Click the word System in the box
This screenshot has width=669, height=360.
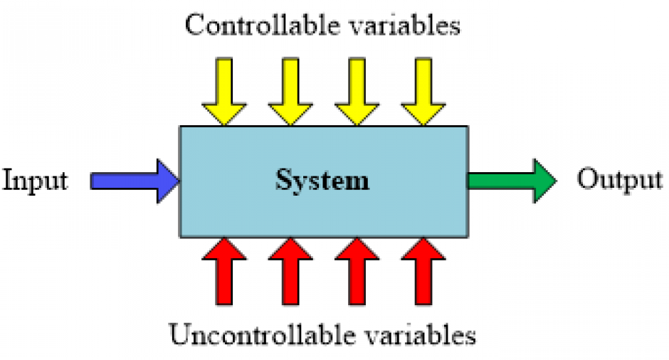click(322, 181)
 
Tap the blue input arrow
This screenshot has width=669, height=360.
click(135, 181)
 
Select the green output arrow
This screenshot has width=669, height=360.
click(512, 181)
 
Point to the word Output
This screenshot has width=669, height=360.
click(619, 180)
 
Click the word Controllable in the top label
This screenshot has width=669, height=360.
click(263, 25)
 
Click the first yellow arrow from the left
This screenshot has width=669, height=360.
click(224, 92)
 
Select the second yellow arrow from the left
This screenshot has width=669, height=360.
click(290, 92)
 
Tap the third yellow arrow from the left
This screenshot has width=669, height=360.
click(357, 92)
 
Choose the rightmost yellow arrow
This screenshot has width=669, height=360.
click(423, 92)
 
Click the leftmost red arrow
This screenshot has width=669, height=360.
click(224, 271)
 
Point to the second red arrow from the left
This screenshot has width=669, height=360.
click(290, 271)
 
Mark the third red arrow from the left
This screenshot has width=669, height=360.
click(357, 271)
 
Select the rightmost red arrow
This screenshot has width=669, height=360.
click(423, 271)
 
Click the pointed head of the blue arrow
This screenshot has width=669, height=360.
click(179, 181)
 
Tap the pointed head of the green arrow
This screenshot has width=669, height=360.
click(556, 181)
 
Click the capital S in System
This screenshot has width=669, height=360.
click(284, 179)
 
